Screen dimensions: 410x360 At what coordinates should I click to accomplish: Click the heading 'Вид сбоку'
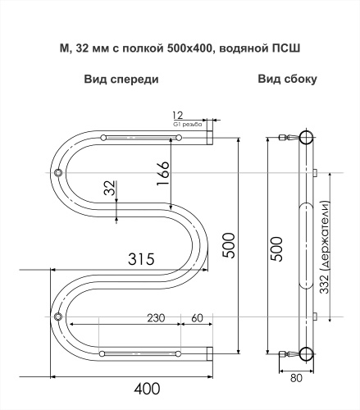(x=288, y=80)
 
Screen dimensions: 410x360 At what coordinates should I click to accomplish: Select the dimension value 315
(x=141, y=260)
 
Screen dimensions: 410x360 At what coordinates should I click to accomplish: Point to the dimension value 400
(x=148, y=387)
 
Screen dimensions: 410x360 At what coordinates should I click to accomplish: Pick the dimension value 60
(x=197, y=317)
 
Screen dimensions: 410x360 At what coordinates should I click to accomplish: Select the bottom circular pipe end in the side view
(x=306, y=353)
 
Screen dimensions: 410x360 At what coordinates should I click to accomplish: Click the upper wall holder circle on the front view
(x=58, y=173)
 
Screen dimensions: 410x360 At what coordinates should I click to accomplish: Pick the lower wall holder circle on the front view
(x=58, y=317)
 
